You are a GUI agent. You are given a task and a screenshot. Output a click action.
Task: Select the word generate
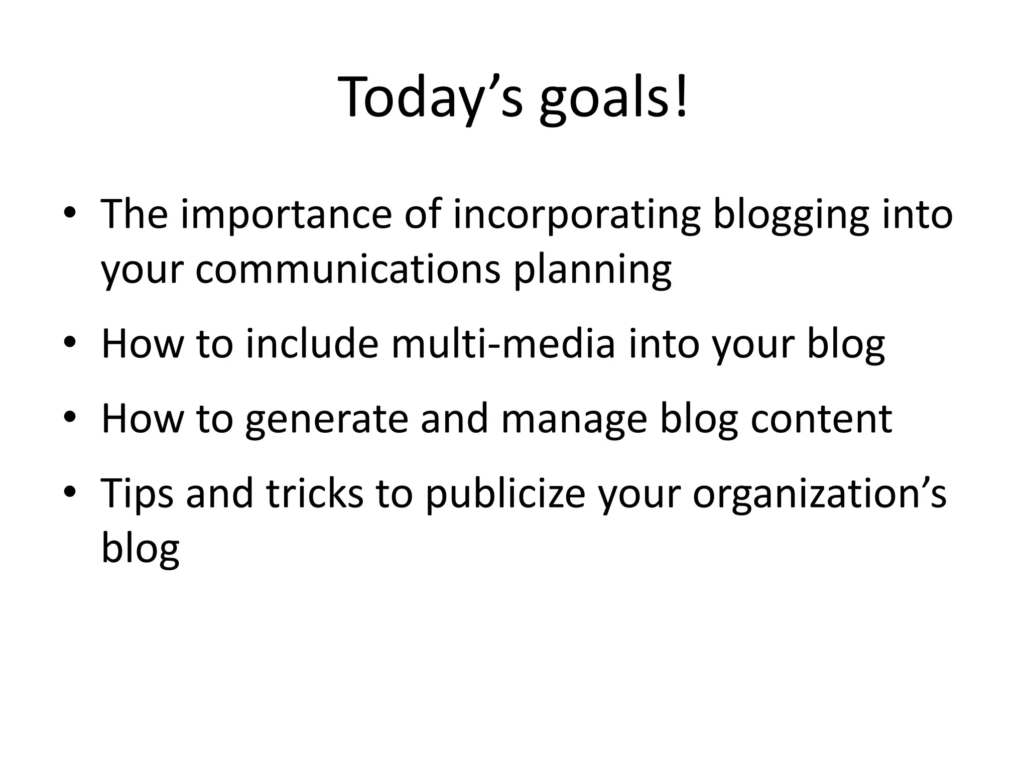tap(326, 420)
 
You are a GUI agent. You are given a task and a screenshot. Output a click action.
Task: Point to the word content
tap(821, 420)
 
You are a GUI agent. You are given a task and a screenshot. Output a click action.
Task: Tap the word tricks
tap(314, 494)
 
